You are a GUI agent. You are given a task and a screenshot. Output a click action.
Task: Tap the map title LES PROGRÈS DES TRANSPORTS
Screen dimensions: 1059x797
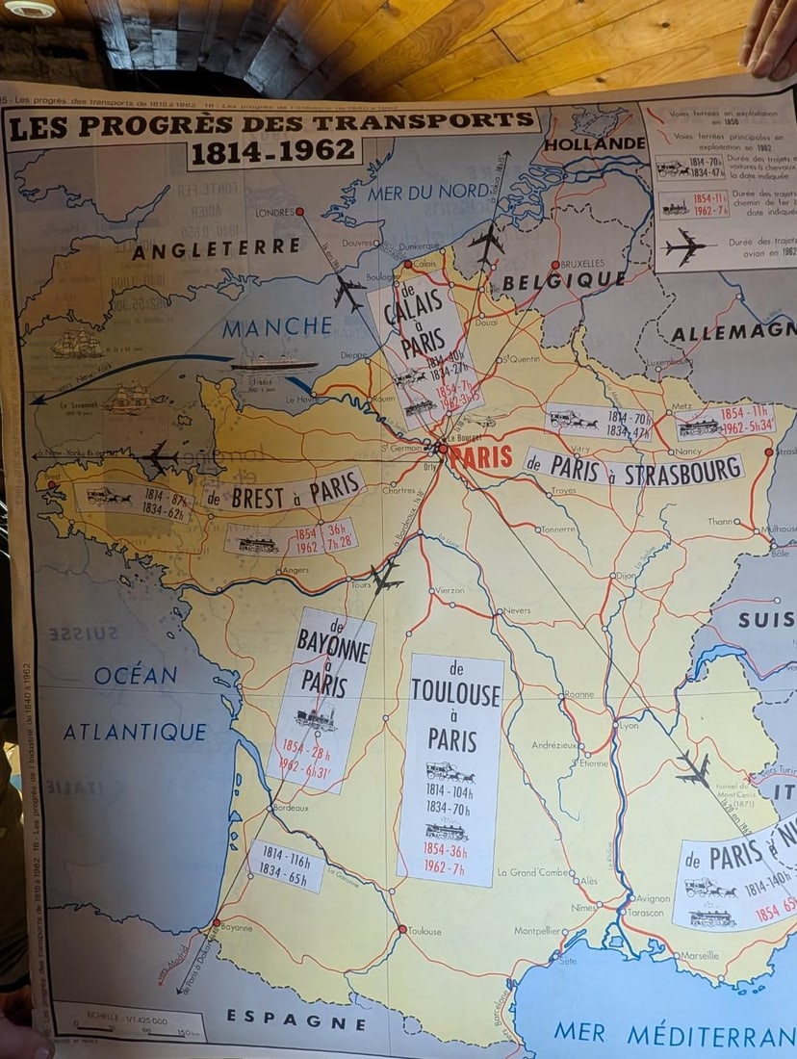271,124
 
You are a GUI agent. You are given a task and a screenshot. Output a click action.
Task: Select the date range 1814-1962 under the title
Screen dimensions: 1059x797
274,154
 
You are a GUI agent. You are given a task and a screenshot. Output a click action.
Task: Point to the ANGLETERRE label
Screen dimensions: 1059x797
216,248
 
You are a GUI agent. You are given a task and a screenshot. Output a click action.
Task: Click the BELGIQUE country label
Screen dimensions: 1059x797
564,280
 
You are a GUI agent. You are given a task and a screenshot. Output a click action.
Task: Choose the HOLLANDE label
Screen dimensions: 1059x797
595,144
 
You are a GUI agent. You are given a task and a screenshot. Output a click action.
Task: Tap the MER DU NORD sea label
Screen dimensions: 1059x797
428,192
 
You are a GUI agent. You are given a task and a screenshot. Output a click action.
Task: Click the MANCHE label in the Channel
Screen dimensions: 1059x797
271,329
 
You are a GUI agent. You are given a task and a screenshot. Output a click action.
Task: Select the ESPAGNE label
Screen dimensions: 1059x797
296,1020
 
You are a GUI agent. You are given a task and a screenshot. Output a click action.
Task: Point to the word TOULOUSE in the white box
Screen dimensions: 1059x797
455,693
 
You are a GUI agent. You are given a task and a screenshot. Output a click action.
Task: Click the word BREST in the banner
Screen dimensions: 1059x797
253,497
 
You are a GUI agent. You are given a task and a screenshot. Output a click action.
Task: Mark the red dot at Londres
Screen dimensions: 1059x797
299,211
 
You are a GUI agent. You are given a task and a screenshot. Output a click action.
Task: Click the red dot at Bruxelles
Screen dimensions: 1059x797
555,265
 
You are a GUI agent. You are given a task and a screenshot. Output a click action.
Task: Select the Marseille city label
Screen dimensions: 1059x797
700,955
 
